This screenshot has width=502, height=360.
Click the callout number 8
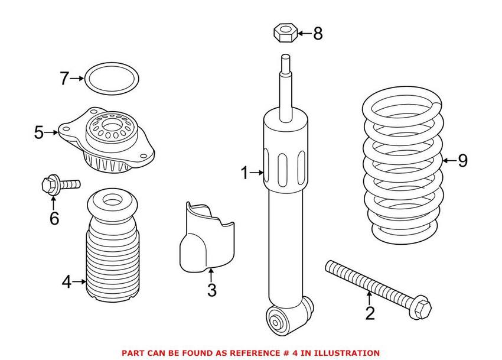tap(318, 34)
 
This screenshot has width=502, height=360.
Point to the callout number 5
tap(39, 132)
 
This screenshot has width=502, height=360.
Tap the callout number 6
tap(54, 219)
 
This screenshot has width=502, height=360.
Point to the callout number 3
tap(211, 290)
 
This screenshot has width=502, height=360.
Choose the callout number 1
tap(245, 173)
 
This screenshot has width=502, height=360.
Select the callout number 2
tap(370, 313)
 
